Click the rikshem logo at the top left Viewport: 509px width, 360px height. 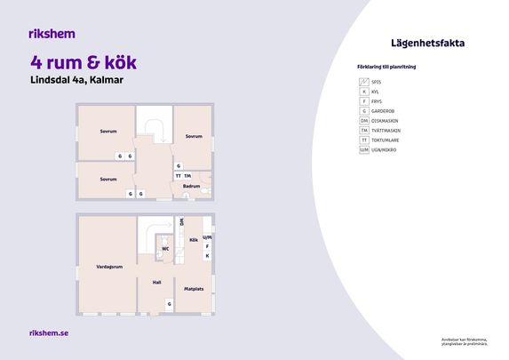tap(52, 34)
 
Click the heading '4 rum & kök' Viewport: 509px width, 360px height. tap(83, 63)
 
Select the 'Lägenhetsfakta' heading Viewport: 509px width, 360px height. tap(427, 43)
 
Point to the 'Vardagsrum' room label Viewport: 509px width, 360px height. tap(109, 267)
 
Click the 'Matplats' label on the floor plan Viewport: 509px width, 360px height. tap(194, 289)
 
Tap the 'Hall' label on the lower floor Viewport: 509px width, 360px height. tap(156, 283)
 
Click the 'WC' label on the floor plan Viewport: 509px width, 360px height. tap(165, 249)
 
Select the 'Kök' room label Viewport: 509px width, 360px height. tap(194, 240)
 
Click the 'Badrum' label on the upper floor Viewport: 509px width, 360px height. tap(191, 187)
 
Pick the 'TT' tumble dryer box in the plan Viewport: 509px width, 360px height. tap(178, 176)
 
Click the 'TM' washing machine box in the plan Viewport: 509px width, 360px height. tap(187, 176)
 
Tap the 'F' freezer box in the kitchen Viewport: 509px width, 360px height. tap(207, 246)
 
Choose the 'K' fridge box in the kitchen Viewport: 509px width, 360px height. tap(207, 256)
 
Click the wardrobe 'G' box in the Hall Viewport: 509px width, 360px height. tap(170, 304)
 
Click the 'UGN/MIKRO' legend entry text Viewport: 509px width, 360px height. tap(385, 150)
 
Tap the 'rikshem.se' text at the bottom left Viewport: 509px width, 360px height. tap(50, 332)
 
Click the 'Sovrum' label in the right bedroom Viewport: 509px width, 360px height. tap(194, 137)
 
